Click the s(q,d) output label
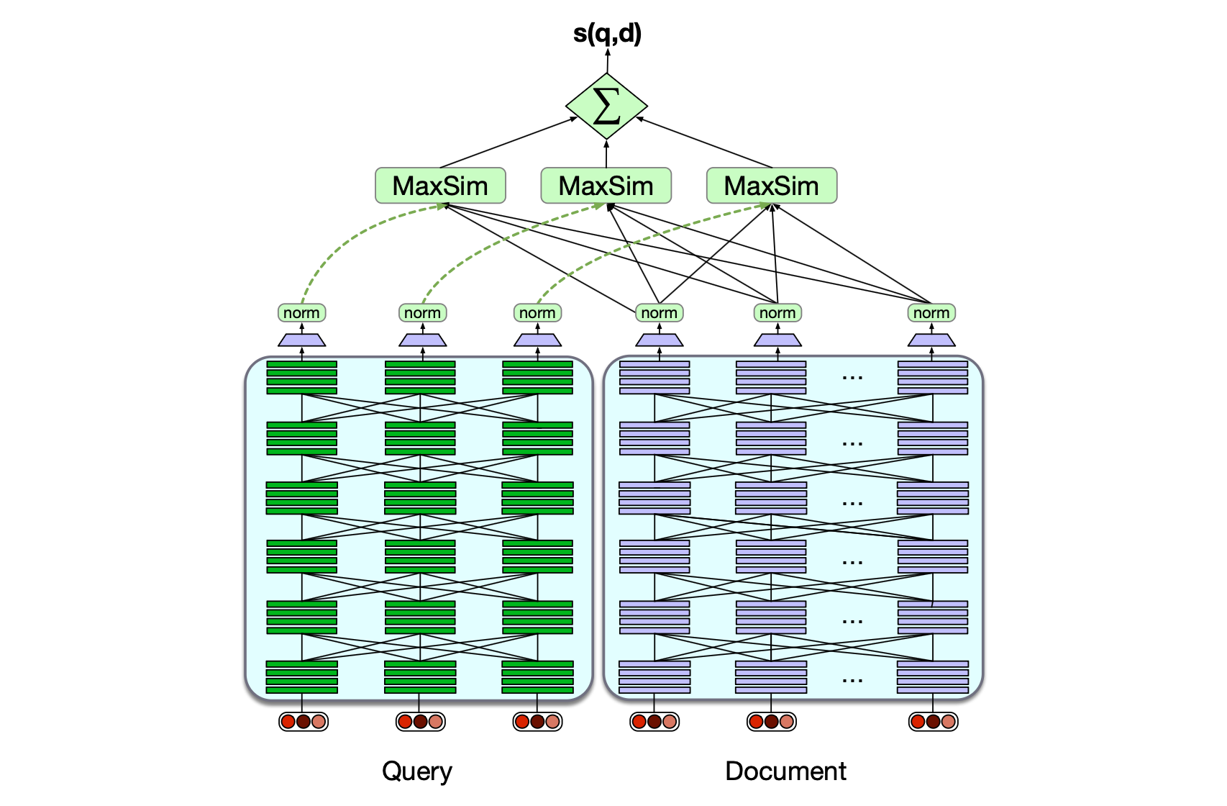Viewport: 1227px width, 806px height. coord(607,33)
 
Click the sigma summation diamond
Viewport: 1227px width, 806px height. coord(606,107)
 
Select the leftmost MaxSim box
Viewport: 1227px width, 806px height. coord(440,186)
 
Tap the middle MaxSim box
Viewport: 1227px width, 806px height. coord(606,186)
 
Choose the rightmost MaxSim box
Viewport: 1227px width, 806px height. coord(772,186)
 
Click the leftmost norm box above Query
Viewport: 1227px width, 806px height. coord(301,313)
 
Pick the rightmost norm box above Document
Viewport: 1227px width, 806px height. coord(931,313)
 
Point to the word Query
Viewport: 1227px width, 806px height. coord(417,771)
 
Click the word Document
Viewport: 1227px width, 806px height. coord(785,771)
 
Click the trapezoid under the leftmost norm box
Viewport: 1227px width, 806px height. coord(301,340)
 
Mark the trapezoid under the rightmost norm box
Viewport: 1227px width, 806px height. coord(931,340)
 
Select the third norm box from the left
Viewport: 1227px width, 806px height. coord(537,313)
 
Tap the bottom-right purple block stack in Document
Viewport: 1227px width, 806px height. coord(933,677)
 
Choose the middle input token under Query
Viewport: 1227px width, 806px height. coord(420,721)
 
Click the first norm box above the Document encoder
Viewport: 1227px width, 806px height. coord(659,313)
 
